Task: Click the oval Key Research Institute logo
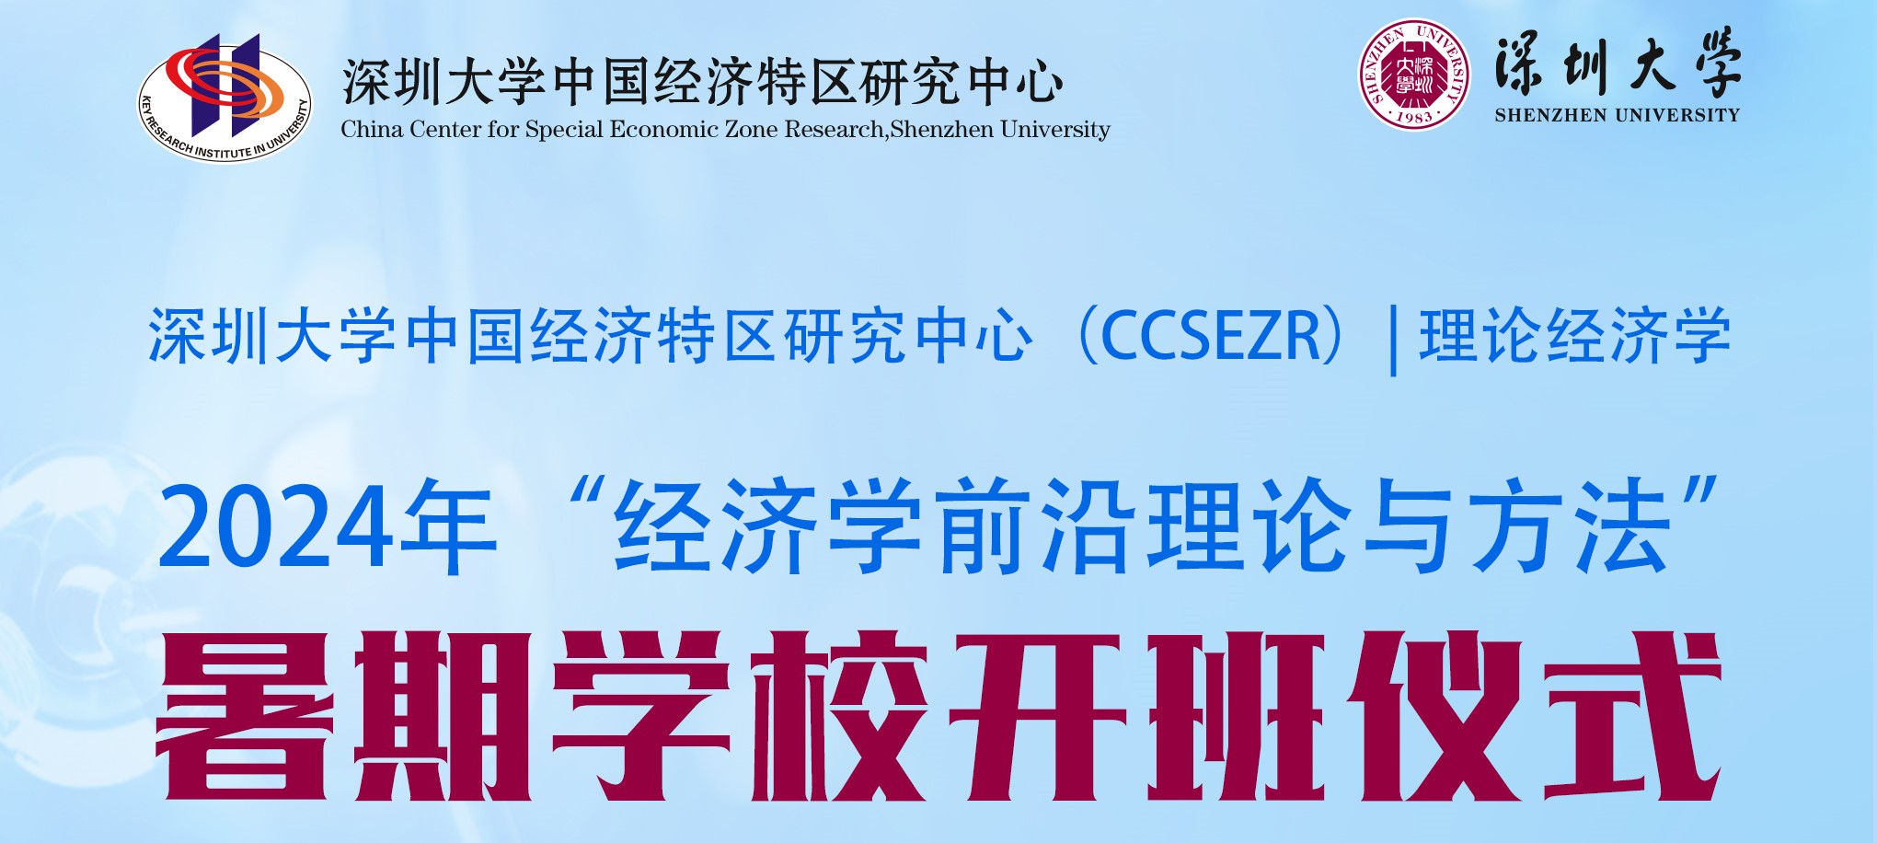coord(225,98)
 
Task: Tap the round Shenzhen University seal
coord(1414,74)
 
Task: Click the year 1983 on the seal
coord(1414,117)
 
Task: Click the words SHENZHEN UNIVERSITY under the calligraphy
coord(1618,115)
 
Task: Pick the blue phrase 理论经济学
coord(1574,336)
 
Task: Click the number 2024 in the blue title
coord(273,528)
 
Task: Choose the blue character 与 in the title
coord(1408,526)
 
